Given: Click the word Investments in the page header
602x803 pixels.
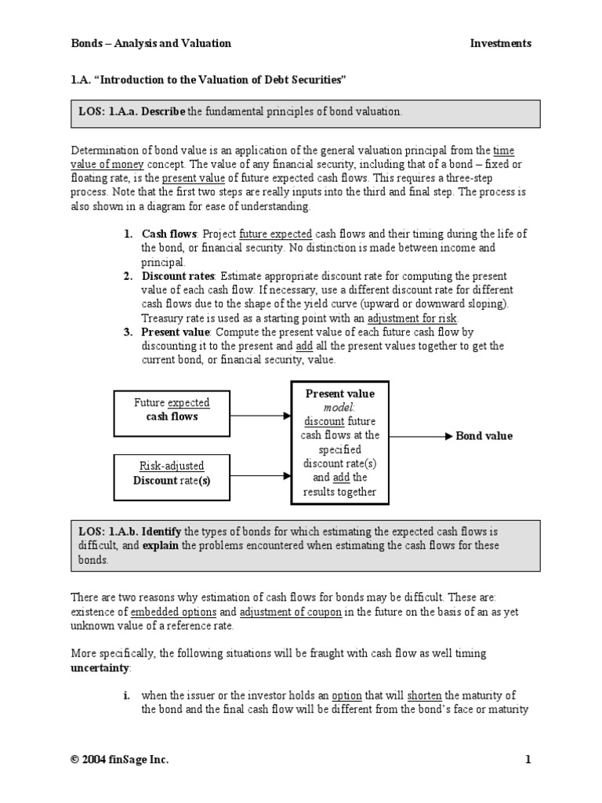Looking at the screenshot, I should (x=500, y=44).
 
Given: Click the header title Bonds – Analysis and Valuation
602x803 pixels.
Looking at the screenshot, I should (x=151, y=44).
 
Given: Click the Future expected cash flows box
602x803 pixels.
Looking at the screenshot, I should (x=172, y=409).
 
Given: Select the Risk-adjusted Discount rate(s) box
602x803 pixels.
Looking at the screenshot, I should (x=172, y=473).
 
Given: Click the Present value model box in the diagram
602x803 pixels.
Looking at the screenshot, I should (x=339, y=442).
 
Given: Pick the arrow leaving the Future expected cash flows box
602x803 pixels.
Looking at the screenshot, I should (x=261, y=417).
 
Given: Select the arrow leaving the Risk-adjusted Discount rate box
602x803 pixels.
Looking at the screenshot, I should (x=261, y=474).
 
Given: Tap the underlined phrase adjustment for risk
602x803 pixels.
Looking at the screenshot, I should (x=415, y=318).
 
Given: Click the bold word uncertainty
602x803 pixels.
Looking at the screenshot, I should (x=102, y=667).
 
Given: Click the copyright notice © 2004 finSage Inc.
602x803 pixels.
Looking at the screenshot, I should (x=120, y=760).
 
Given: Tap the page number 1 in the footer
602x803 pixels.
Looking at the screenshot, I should (x=528, y=760).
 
